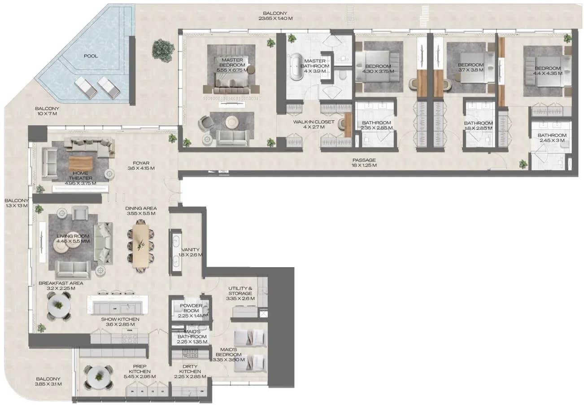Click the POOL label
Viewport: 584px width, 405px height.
[91, 56]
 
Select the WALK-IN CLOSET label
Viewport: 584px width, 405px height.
[314, 122]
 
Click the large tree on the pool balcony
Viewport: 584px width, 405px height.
[163, 50]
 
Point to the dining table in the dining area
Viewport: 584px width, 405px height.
[141, 247]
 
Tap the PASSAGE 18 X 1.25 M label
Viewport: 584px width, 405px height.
[364, 163]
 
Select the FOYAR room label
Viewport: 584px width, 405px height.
[141, 163]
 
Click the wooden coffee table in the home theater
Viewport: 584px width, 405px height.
[80, 163]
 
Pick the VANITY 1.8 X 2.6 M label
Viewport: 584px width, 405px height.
[190, 252]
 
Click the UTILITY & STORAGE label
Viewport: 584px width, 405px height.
[240, 291]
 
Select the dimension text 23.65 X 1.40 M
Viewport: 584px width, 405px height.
[275, 18]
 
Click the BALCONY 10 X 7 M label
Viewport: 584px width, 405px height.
[47, 111]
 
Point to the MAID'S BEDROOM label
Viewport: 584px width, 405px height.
[229, 352]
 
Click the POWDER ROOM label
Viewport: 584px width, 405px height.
[191, 308]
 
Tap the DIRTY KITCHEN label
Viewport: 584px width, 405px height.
[190, 369]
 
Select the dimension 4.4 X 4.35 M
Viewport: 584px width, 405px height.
[547, 73]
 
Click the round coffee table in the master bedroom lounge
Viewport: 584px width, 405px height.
[231, 122]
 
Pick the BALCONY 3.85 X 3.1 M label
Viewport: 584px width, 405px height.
[48, 381]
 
